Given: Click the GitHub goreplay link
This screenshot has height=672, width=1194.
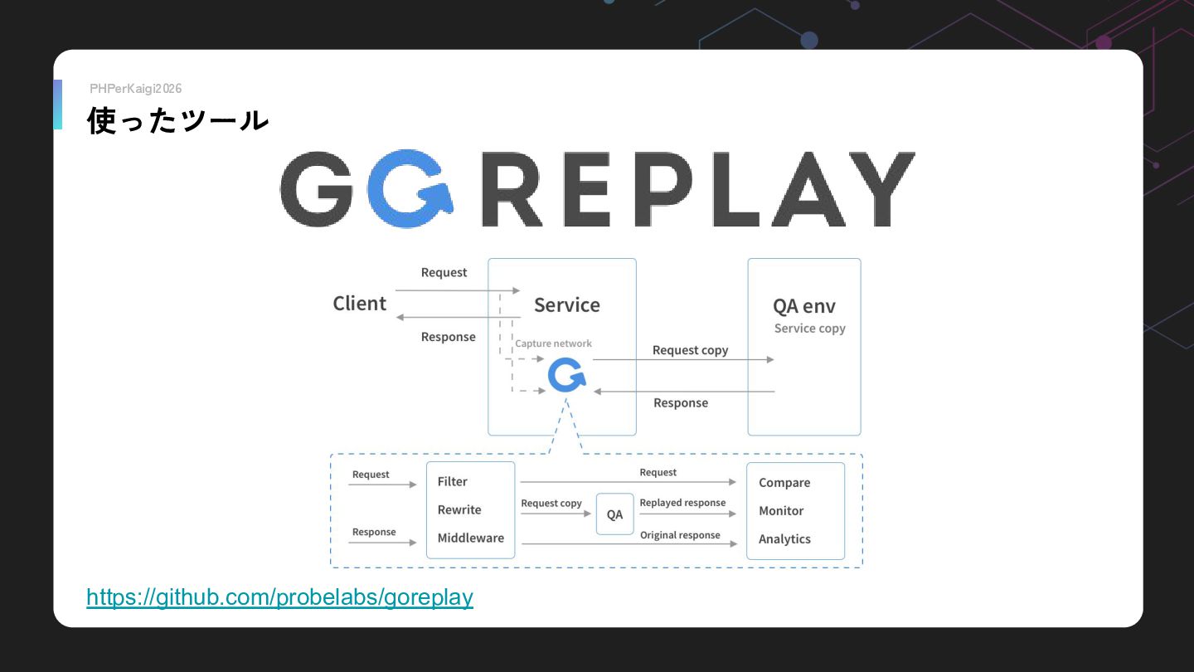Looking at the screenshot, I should [279, 597].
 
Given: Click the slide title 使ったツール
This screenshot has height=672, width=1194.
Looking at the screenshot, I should [178, 121].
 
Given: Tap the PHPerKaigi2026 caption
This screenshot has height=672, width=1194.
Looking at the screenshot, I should [135, 89].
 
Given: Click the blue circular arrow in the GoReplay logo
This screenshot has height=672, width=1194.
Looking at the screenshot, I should [410, 189].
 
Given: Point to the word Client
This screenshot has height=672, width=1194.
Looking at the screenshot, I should [359, 304].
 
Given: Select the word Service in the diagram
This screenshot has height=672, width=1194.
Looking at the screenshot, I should [566, 305].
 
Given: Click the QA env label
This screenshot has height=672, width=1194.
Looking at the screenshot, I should [803, 306].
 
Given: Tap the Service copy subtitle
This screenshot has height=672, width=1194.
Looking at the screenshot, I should [809, 329].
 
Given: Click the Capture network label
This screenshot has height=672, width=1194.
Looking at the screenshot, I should [553, 343].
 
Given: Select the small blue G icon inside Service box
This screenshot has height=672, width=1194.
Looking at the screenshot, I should [565, 376].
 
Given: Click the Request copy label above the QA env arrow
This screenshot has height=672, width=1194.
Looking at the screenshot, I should [690, 350].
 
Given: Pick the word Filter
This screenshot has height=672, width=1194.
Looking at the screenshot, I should [452, 482].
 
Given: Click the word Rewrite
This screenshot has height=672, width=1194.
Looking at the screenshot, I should [459, 510].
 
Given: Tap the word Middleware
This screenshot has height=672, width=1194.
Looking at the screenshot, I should [470, 538].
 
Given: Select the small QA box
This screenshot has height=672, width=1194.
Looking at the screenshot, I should [614, 514].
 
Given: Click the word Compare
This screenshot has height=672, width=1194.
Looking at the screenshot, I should [784, 483].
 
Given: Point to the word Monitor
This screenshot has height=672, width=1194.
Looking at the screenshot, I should [780, 511].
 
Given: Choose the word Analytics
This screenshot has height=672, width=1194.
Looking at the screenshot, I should [784, 539].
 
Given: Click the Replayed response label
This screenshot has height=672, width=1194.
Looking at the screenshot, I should [682, 503].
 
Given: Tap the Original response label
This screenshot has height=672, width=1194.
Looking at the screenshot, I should [679, 535].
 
